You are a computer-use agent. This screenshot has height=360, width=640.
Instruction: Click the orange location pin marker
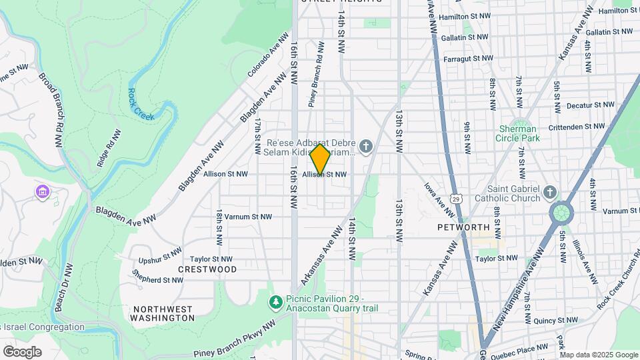[x=320, y=159]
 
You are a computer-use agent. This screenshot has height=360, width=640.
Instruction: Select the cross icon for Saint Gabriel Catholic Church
[x=549, y=192]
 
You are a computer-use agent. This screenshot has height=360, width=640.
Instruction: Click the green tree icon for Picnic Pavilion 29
[x=275, y=303]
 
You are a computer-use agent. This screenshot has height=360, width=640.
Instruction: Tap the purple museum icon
[x=43, y=192]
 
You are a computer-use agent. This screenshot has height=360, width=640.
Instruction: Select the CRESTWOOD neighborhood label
[x=207, y=269]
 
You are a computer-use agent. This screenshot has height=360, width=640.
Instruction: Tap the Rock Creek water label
[x=141, y=105]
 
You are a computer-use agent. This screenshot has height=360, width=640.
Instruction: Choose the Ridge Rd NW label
[x=109, y=148]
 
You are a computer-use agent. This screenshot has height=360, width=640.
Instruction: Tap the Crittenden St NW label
[x=576, y=126]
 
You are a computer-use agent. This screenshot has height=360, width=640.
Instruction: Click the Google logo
[x=22, y=352]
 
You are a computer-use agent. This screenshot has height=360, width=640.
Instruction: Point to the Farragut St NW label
[x=470, y=59]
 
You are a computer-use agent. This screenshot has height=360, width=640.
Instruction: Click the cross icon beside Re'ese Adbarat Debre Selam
[x=365, y=146]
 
